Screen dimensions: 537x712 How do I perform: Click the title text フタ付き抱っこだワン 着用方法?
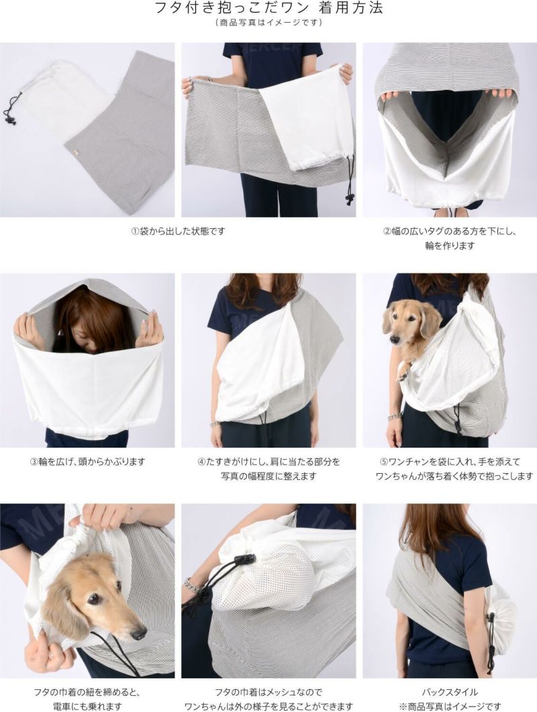268,8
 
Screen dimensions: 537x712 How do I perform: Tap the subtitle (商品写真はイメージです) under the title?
268,22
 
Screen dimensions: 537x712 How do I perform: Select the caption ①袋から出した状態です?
178,231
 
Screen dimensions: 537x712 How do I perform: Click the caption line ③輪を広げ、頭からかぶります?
87,461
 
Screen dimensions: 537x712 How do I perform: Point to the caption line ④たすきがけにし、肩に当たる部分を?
268,461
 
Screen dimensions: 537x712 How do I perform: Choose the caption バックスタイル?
450,692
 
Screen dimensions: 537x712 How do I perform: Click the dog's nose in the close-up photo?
138,633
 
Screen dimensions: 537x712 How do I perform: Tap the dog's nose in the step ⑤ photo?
394,339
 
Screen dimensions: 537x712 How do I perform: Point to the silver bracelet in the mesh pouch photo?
193,586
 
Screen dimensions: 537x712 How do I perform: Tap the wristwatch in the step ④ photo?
215,425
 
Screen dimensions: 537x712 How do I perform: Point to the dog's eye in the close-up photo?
94,599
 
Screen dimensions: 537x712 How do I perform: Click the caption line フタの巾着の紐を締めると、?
87,692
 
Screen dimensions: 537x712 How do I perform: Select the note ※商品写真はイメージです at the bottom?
450,706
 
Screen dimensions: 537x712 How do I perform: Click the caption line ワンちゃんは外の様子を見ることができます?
268,706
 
